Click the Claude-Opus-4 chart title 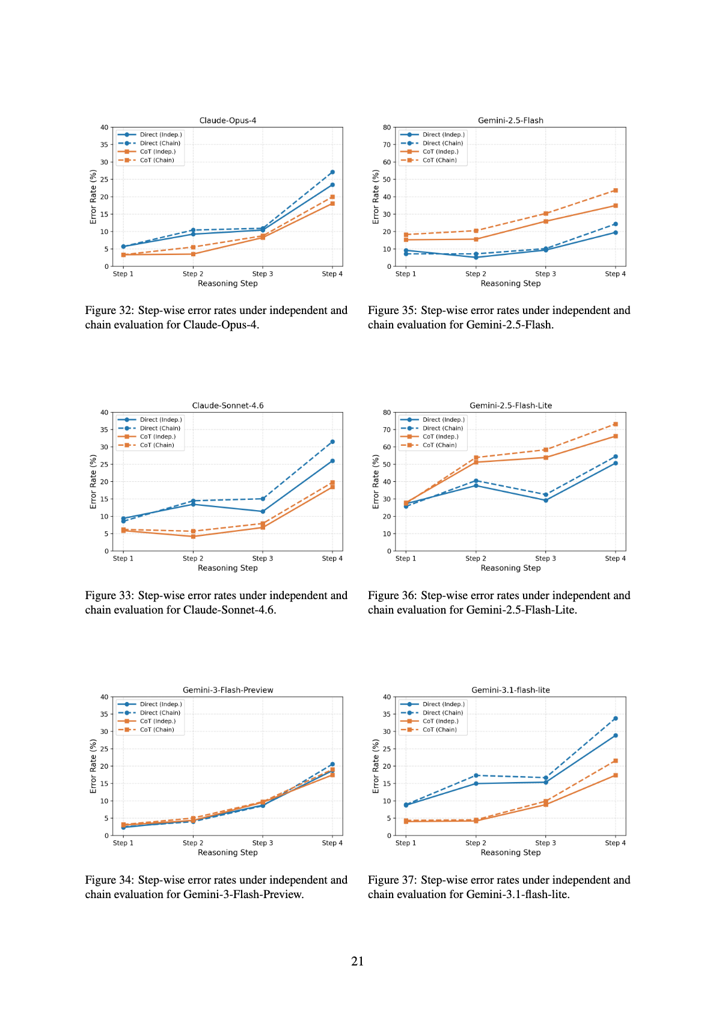[x=228, y=120]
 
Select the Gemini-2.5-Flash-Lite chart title [x=510, y=405]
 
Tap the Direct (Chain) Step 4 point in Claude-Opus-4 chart [x=332, y=172]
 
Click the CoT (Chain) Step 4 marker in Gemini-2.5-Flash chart [x=615, y=191]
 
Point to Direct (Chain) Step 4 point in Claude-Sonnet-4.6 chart [x=332, y=442]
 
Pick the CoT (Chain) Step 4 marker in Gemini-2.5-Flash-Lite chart [x=615, y=424]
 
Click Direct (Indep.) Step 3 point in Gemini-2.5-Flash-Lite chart [x=546, y=500]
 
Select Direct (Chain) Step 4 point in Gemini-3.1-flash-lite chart [x=615, y=719]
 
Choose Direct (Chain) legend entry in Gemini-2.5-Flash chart [x=432, y=143]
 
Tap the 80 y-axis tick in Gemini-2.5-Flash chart [x=387, y=128]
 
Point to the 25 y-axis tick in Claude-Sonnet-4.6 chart [x=105, y=464]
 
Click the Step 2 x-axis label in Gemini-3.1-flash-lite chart [x=476, y=843]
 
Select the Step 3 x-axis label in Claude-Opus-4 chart [x=263, y=274]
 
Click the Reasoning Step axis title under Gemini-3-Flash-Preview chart [x=228, y=852]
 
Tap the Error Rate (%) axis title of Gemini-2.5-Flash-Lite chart [x=376, y=482]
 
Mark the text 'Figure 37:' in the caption [x=393, y=880]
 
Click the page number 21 [x=358, y=961]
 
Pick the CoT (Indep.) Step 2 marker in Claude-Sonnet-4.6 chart [x=193, y=537]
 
